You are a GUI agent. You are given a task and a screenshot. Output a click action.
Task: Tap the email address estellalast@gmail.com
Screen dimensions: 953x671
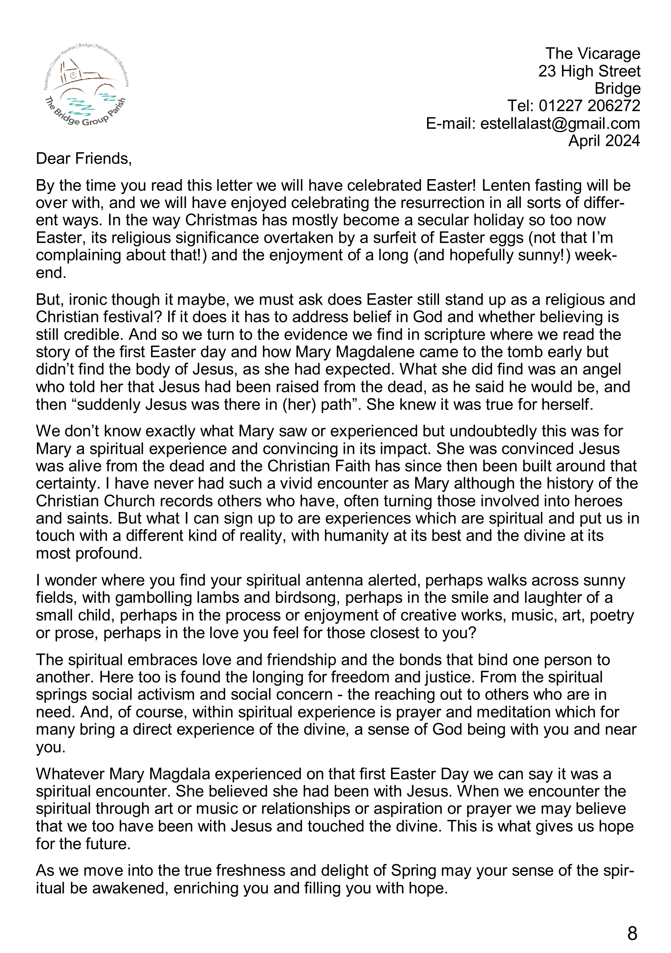coord(560,124)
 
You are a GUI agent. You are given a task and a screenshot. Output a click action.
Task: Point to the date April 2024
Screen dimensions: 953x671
coord(604,141)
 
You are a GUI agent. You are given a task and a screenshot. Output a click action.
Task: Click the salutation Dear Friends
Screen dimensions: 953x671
coord(83,159)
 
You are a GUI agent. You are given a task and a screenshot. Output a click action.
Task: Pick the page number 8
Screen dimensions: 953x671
coord(632,933)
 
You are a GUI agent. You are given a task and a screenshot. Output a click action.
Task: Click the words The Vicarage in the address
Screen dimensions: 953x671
coord(593,54)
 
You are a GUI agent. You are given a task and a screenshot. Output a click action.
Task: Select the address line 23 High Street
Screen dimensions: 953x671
coord(589,71)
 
